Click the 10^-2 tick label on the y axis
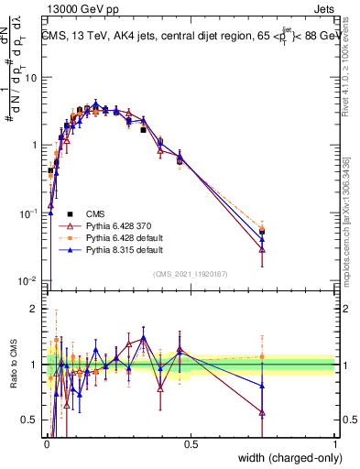27,281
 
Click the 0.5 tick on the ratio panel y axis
30,420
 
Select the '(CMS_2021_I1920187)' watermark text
191,274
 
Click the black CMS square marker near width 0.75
263,232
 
